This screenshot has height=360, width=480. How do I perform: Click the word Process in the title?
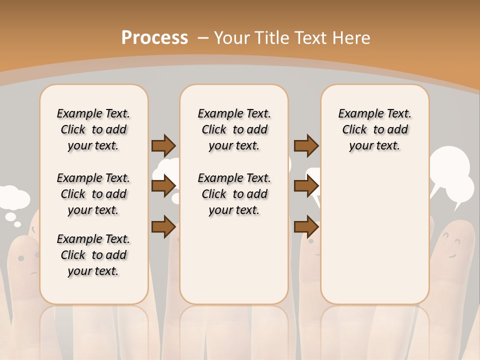pyautogui.click(x=154, y=37)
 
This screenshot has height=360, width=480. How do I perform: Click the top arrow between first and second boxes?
pyautogui.click(x=163, y=145)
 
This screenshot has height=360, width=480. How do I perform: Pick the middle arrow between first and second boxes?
pyautogui.click(x=163, y=186)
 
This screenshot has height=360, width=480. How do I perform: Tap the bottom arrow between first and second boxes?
pyautogui.click(x=163, y=227)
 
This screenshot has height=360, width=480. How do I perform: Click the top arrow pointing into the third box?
pyautogui.click(x=306, y=145)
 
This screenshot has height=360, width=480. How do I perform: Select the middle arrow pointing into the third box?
pyautogui.click(x=306, y=186)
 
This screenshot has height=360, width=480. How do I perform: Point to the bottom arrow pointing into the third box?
pyautogui.click(x=306, y=227)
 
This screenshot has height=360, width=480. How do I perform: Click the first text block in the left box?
pyautogui.click(x=93, y=129)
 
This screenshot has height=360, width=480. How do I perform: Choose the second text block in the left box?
pyautogui.click(x=93, y=194)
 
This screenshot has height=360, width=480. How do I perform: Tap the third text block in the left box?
pyautogui.click(x=93, y=255)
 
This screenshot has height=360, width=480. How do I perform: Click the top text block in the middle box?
pyautogui.click(x=234, y=129)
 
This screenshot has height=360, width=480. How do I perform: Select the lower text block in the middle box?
pyautogui.click(x=234, y=194)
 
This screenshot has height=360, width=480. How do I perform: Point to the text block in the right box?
pyautogui.click(x=374, y=129)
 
